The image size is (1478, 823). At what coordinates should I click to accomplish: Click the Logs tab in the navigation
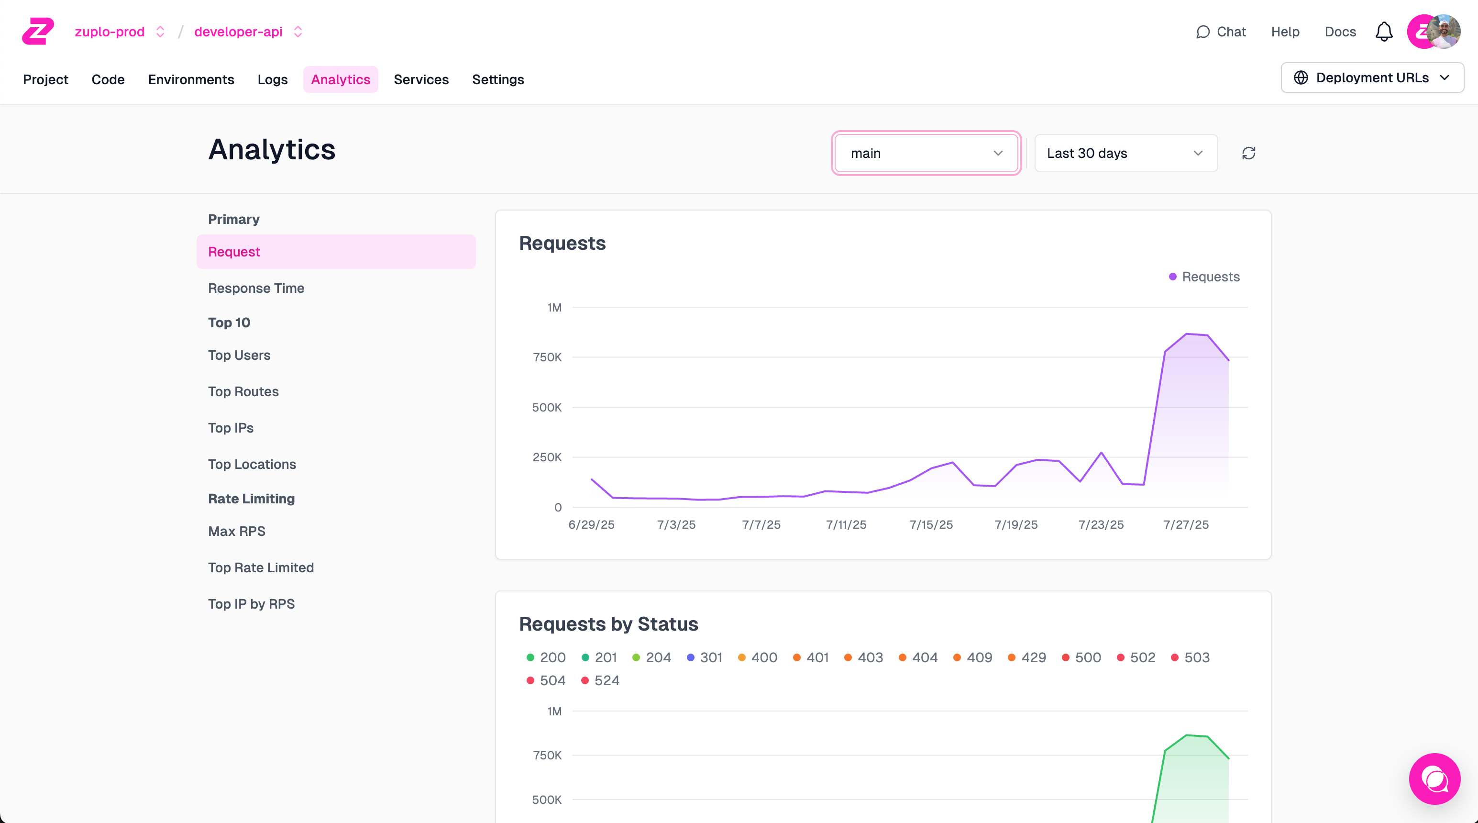(272, 79)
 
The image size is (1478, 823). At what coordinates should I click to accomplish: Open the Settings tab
(497, 79)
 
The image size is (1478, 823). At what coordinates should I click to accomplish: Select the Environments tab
(190, 79)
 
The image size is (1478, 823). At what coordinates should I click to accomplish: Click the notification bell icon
(1383, 32)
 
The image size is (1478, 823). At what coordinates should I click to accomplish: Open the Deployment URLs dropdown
(1372, 78)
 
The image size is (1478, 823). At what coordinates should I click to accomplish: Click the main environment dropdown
(926, 153)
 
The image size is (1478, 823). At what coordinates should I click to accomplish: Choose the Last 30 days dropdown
(1125, 153)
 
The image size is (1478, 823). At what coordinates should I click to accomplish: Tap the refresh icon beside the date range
(1248, 153)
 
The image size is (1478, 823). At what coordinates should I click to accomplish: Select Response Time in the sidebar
(256, 288)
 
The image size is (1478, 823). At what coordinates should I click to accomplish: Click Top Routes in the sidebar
(243, 391)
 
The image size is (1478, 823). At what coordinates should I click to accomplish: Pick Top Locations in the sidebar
(252, 464)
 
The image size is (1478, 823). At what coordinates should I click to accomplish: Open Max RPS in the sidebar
(236, 532)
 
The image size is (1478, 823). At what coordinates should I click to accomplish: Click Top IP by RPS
(251, 604)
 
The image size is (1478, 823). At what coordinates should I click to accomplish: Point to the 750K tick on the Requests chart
(547, 357)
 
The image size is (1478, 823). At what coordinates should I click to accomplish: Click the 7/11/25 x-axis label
(846, 524)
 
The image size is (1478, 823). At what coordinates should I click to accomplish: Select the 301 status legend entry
(705, 658)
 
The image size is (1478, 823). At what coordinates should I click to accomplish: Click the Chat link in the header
(1221, 32)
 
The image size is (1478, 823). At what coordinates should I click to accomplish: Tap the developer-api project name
(238, 32)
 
